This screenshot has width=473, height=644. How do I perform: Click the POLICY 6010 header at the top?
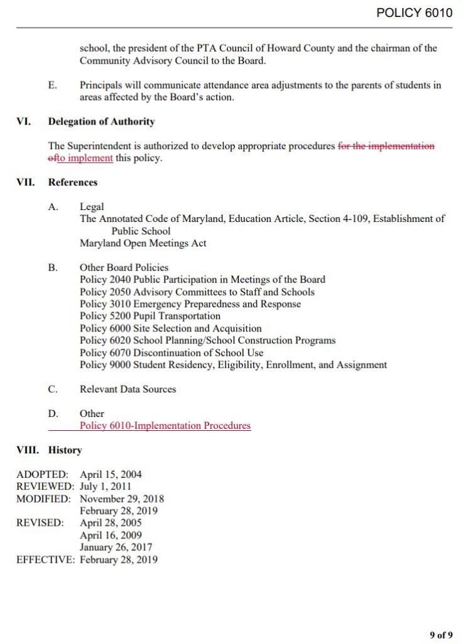point(414,13)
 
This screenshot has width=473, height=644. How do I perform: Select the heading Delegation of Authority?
point(101,121)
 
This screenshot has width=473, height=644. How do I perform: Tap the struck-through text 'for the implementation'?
point(386,146)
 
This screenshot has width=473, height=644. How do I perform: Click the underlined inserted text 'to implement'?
point(85,158)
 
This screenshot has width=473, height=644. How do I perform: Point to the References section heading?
point(73,182)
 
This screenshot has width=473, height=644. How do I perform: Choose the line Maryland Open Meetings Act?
point(143,243)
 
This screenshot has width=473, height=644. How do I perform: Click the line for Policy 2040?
point(202,280)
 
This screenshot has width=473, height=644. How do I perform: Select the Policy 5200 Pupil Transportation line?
point(150,316)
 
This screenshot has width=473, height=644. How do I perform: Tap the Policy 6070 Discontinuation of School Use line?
point(171,353)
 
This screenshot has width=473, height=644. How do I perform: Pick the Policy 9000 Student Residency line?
point(233,365)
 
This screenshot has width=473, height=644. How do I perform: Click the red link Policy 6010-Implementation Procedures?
point(165,426)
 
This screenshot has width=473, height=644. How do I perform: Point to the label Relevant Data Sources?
point(128,389)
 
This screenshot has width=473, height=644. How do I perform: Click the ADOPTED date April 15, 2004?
point(111,475)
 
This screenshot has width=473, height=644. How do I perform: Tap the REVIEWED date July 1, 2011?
point(106,487)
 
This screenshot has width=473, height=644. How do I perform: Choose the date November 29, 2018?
point(122,499)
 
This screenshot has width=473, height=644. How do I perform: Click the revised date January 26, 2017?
point(116,548)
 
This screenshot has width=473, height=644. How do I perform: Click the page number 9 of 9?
point(441,635)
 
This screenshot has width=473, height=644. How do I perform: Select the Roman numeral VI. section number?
point(23,121)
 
